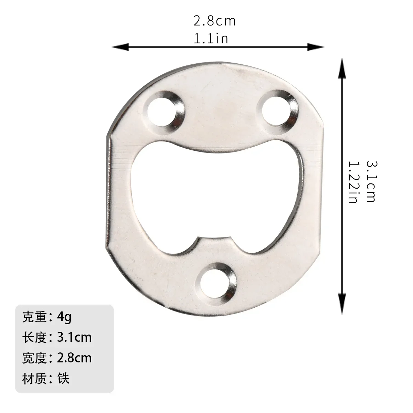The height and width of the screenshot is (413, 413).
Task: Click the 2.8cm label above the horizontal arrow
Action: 214,21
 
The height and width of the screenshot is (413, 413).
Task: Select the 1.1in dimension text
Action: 211,38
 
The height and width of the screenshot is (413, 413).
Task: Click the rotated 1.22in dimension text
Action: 353,182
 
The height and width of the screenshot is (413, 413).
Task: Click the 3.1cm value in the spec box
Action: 74,337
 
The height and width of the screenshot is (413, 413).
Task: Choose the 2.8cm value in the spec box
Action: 74,358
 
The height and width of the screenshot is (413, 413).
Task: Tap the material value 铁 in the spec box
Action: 64,379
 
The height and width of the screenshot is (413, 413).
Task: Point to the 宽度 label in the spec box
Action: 34,358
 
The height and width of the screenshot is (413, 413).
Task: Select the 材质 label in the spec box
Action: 34,379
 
